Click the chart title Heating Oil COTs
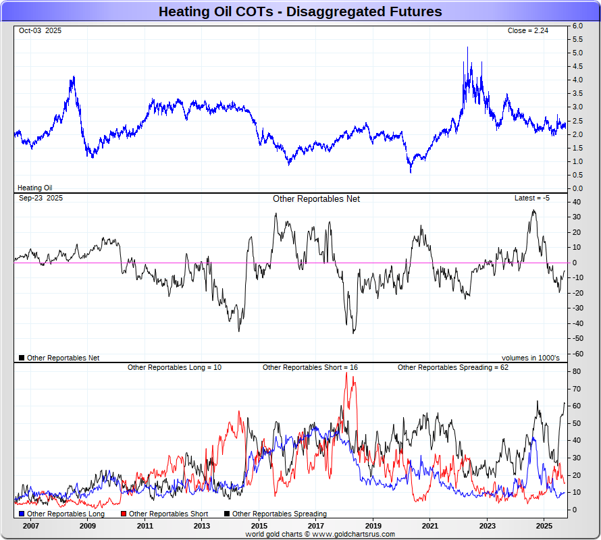300,11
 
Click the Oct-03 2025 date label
40,31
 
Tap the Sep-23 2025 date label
41,198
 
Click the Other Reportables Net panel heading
316,198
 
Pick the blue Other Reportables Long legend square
22,514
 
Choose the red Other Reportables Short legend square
124,514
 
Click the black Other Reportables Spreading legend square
227,514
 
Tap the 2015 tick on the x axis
259,525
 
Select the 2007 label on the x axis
30,525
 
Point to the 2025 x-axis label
544,525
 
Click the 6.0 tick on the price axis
577,26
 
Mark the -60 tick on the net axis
577,354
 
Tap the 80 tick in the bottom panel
577,372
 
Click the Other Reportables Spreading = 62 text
452,368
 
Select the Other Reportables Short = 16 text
310,368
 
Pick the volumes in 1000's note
530,358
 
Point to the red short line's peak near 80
347,373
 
